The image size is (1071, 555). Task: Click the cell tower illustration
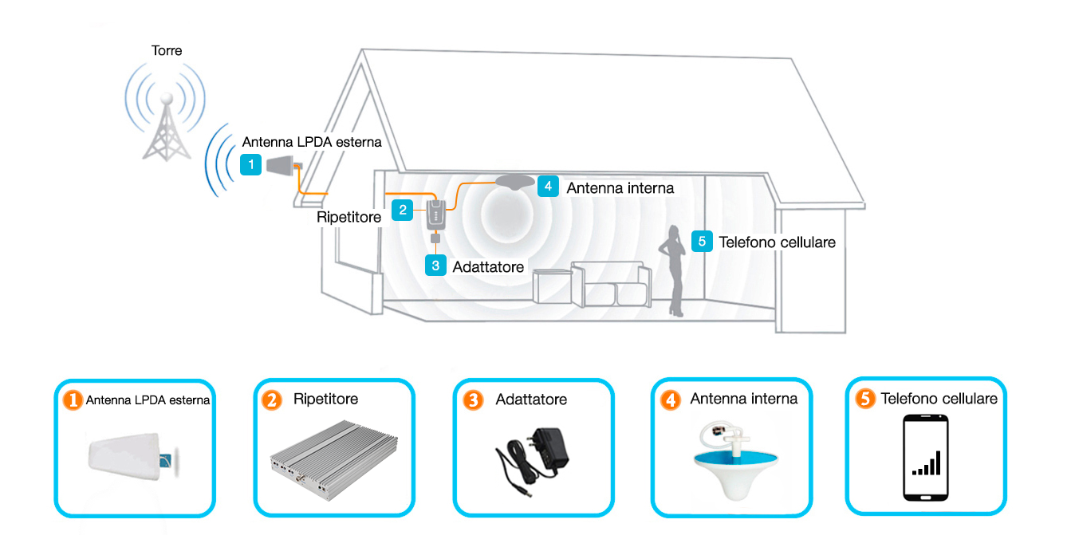[x=166, y=128]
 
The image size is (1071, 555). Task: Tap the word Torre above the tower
[x=167, y=51]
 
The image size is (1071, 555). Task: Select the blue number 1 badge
[x=250, y=165]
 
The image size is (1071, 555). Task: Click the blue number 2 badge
[x=403, y=210]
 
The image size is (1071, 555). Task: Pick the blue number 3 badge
[x=435, y=266]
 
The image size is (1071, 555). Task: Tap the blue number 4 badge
[x=548, y=187]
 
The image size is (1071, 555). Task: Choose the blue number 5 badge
[x=702, y=242]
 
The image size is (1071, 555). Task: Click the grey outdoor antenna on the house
[x=282, y=165]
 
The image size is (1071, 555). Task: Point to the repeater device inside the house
[x=436, y=215]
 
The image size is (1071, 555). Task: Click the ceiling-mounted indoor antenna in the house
[x=514, y=182]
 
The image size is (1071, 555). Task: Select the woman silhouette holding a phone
[x=674, y=270]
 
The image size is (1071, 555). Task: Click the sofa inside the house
[x=611, y=284]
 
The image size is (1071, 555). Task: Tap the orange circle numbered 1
[x=73, y=400]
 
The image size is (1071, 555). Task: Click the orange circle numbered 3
[x=473, y=400]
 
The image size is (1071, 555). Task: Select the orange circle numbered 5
[x=865, y=398]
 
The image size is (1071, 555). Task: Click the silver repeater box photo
[x=334, y=460]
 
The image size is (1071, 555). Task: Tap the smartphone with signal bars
[x=926, y=458]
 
